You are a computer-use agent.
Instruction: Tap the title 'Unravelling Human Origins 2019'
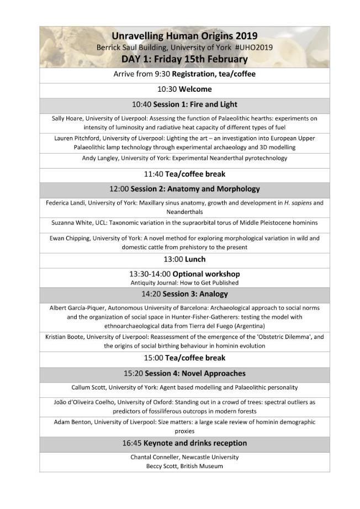coord(184,36)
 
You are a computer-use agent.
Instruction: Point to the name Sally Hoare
coord(67,118)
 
